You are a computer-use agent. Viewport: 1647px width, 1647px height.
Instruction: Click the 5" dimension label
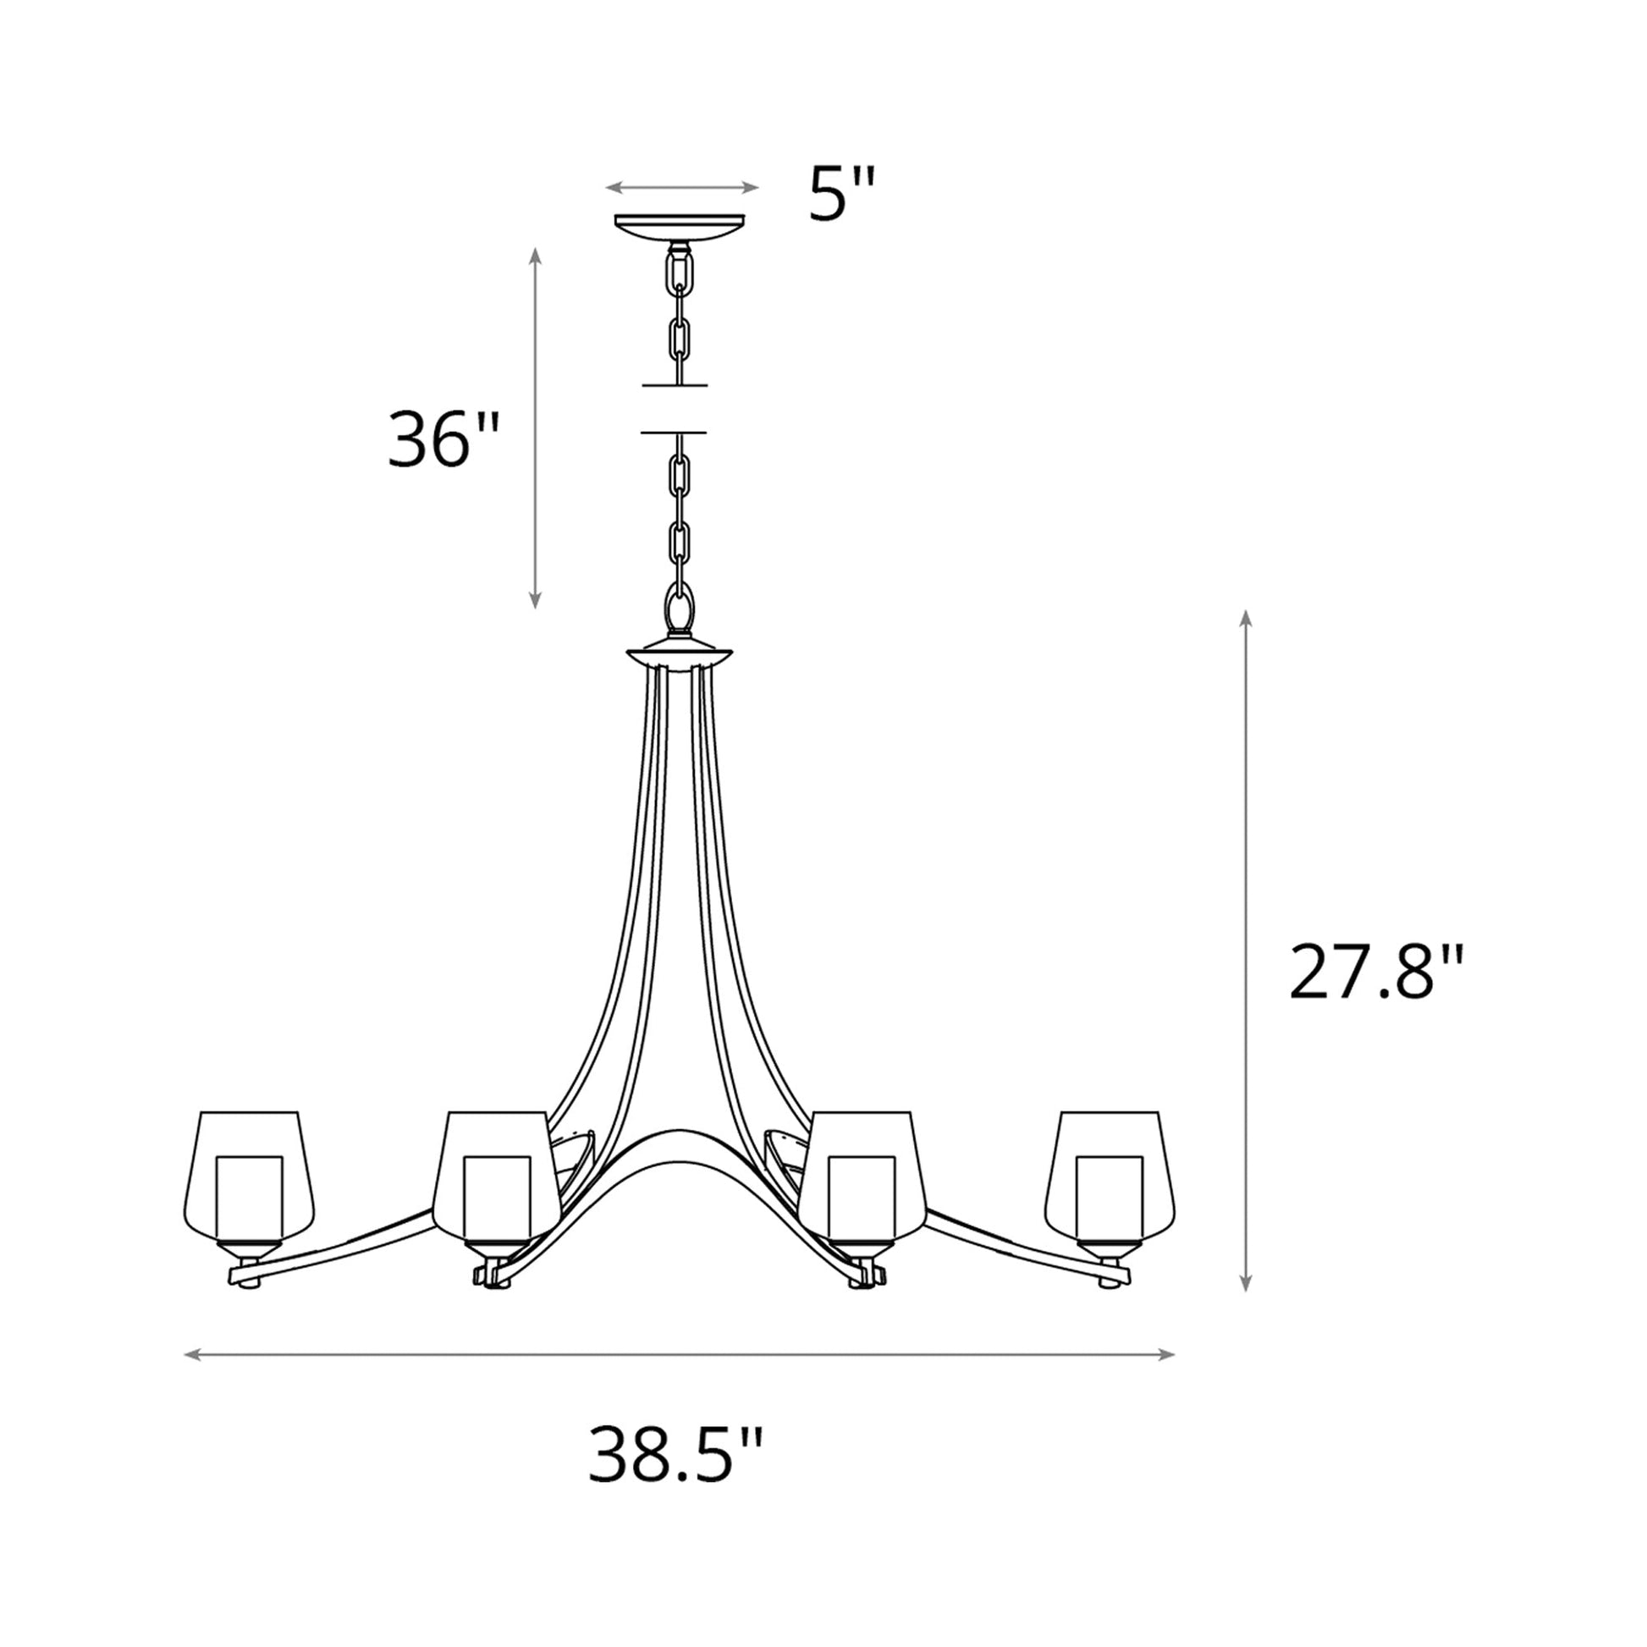click(x=840, y=195)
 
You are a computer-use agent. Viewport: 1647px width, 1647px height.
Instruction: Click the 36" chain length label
click(x=441, y=440)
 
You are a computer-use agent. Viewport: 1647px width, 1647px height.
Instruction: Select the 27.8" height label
click(x=1375, y=972)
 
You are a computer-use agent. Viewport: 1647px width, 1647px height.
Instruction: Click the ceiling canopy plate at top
click(x=680, y=227)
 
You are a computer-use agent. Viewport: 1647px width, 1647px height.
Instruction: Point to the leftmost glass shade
click(x=249, y=1176)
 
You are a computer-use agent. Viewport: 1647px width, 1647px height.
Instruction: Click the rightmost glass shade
click(x=1110, y=1176)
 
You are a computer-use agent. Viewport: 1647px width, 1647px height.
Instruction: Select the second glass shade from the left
click(x=496, y=1176)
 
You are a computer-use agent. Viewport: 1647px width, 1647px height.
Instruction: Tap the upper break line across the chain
click(x=675, y=385)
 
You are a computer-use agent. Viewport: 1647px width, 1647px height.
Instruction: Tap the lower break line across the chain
click(x=674, y=432)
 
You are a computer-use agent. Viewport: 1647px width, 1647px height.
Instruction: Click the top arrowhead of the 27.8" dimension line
click(x=1246, y=617)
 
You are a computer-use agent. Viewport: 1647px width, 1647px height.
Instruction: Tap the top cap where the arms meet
click(x=680, y=657)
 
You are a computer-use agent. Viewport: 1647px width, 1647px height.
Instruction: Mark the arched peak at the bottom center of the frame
click(x=680, y=1134)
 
